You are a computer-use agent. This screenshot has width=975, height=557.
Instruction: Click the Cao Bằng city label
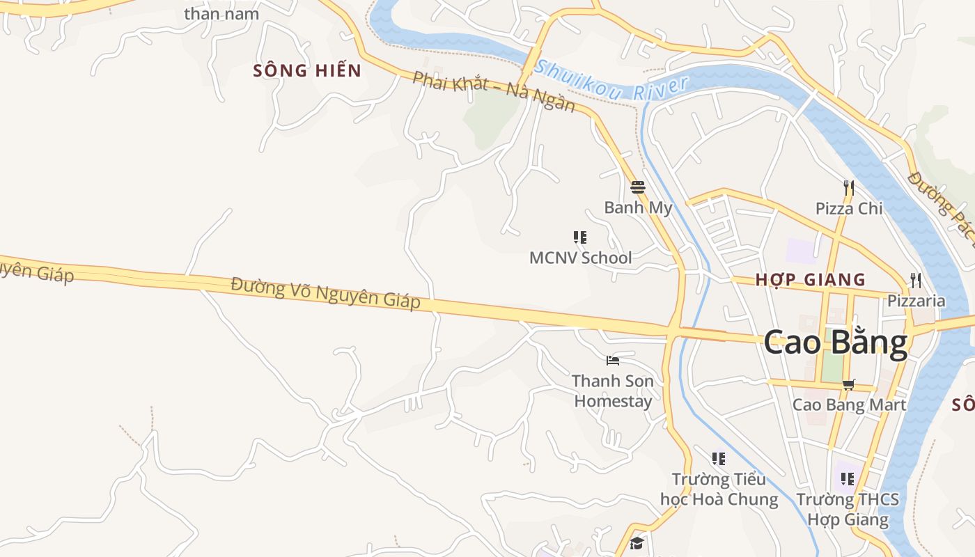[836, 343]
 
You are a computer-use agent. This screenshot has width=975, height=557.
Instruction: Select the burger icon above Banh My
[638, 187]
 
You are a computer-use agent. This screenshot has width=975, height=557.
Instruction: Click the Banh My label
[638, 207]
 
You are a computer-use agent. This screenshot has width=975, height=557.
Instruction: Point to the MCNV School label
[580, 258]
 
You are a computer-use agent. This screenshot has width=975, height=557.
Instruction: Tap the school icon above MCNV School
[579, 237]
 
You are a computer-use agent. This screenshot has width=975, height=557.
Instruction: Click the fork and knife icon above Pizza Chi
[848, 187]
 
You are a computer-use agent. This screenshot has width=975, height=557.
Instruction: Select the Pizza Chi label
[848, 208]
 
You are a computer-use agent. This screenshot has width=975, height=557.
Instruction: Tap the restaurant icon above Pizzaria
[916, 281]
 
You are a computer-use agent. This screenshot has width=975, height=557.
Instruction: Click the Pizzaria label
[916, 301]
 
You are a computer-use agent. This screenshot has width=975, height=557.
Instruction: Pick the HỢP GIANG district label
[811, 280]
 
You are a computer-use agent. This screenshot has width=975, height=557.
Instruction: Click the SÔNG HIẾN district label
[307, 70]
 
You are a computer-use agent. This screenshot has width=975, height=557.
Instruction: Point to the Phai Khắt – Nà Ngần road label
[494, 91]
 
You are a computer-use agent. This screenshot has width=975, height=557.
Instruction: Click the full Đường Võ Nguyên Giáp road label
[326, 292]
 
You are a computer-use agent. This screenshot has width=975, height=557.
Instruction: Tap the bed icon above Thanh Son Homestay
[613, 361]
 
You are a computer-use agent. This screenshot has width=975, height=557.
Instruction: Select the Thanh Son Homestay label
[613, 391]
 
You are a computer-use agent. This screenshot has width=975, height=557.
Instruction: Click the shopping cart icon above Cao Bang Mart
[848, 384]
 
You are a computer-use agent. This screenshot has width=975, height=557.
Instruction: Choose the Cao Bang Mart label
[849, 405]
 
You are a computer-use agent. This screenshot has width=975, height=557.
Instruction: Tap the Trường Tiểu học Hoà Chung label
[719, 489]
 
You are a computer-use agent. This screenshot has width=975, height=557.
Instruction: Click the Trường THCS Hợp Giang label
[848, 509]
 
